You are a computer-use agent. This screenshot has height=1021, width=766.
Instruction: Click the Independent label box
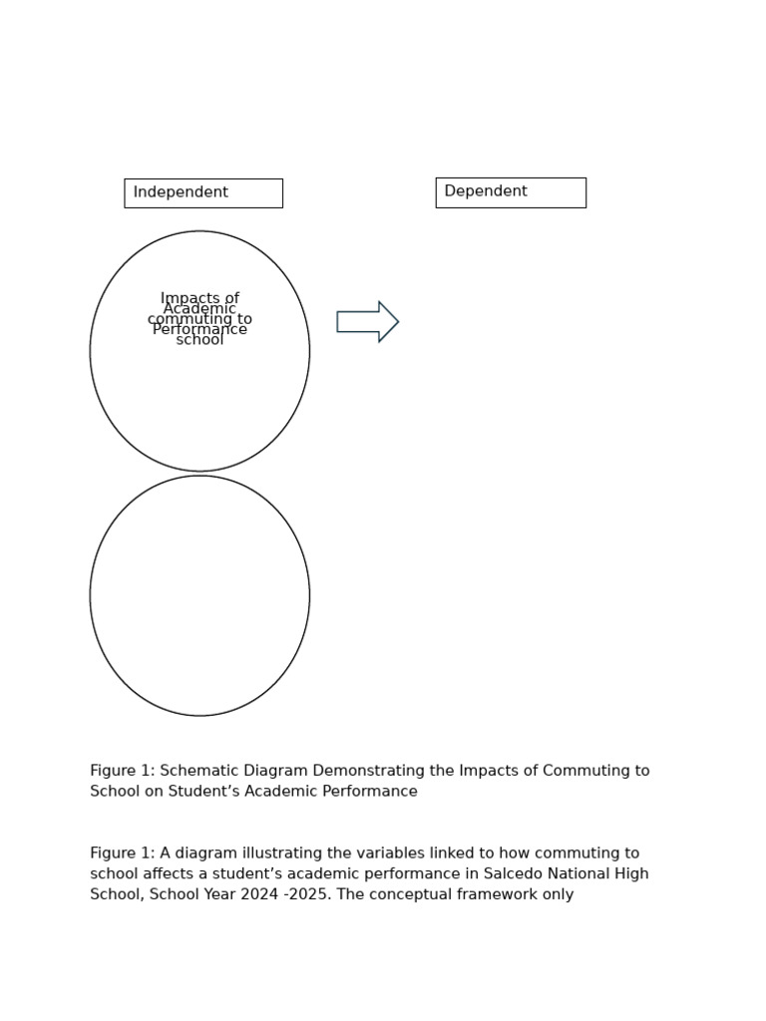coord(203,192)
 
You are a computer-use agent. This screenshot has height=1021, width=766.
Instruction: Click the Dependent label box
coord(510,192)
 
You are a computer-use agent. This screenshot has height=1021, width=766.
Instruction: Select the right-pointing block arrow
coord(367,321)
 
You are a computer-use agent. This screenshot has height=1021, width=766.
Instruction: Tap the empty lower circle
coord(199,595)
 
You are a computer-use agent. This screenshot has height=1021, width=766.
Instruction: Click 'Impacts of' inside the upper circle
coord(199,298)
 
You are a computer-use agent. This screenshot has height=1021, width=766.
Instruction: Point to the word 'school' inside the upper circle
coord(199,340)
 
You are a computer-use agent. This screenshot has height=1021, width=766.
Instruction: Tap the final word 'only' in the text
coord(557,895)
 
